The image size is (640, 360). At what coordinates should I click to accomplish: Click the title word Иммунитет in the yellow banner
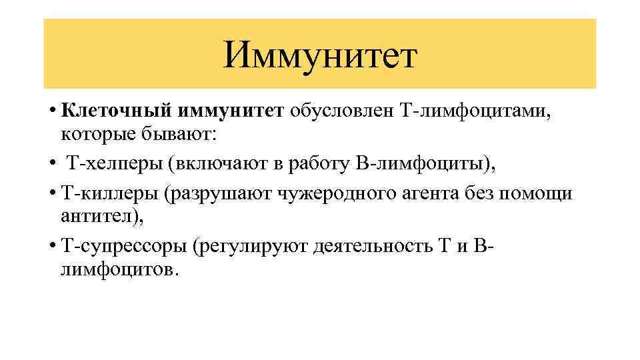point(320,55)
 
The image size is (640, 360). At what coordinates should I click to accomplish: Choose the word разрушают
point(229,193)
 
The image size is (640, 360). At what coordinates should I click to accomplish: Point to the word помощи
point(541,193)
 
